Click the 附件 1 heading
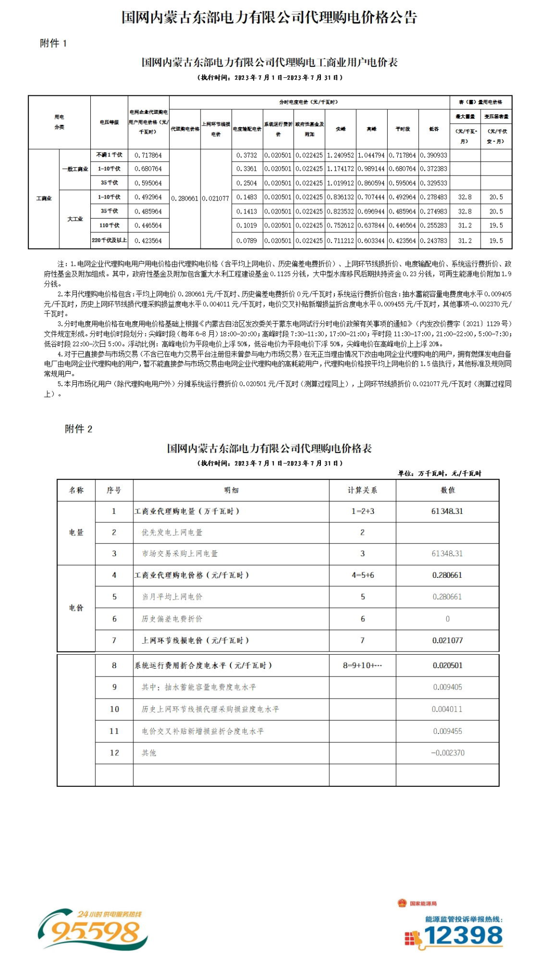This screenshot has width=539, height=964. [x=53, y=43]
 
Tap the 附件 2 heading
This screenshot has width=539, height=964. [x=78, y=429]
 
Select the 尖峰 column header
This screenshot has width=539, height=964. [x=340, y=129]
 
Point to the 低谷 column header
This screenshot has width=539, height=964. [x=434, y=129]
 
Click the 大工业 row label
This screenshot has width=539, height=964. [x=75, y=219]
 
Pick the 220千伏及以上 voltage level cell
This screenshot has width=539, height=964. [x=109, y=241]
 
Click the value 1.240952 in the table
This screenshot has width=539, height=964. [x=340, y=155]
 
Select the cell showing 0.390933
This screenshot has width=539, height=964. [x=434, y=155]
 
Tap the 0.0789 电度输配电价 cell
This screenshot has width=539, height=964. [x=247, y=241]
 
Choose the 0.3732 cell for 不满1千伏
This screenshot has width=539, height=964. [x=247, y=155]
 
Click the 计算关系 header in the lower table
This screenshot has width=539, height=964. [x=362, y=490]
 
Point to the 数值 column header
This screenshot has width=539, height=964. [x=448, y=490]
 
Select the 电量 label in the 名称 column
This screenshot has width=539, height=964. [x=76, y=533]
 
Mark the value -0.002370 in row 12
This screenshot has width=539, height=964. [x=448, y=753]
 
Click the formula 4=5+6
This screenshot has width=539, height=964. [x=362, y=575]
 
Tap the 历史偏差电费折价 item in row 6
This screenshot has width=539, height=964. [x=172, y=619]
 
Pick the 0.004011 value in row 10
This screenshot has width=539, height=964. [x=448, y=709]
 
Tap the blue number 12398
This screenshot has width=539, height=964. [x=463, y=936]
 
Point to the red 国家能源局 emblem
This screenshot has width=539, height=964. [x=402, y=903]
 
